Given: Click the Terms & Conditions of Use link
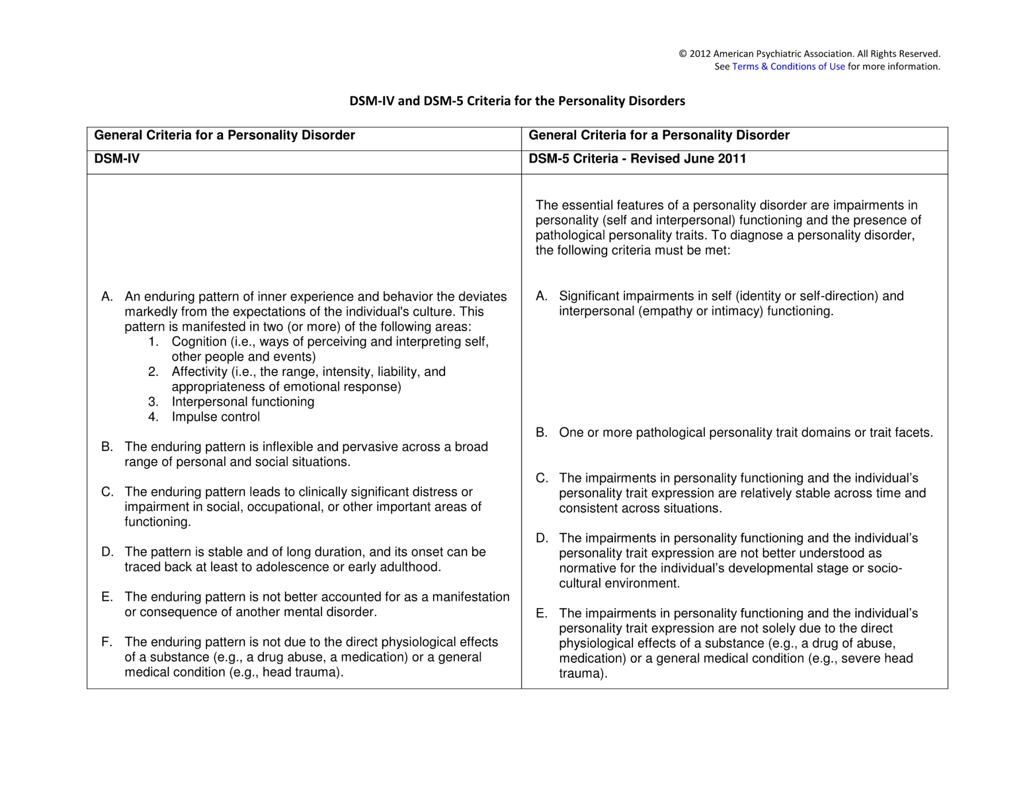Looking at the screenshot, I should pyautogui.click(x=788, y=67).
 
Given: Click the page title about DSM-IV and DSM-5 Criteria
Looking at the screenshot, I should pyautogui.click(x=517, y=101).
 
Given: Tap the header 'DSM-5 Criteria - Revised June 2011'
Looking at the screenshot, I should pyautogui.click(x=637, y=159).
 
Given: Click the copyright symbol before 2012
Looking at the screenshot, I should pyautogui.click(x=683, y=54).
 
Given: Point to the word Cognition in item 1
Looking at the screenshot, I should pyautogui.click(x=199, y=342).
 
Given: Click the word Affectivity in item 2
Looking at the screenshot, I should pyautogui.click(x=199, y=372).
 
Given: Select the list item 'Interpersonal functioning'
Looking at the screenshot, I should pyautogui.click(x=243, y=402).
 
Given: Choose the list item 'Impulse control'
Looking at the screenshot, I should pyautogui.click(x=216, y=417).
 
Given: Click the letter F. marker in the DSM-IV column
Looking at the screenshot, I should pyautogui.click(x=107, y=642).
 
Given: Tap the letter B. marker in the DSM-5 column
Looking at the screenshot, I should pyautogui.click(x=541, y=433).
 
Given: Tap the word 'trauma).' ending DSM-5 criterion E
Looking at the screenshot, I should pyautogui.click(x=582, y=674).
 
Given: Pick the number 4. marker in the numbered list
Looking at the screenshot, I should pyautogui.click(x=153, y=417).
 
